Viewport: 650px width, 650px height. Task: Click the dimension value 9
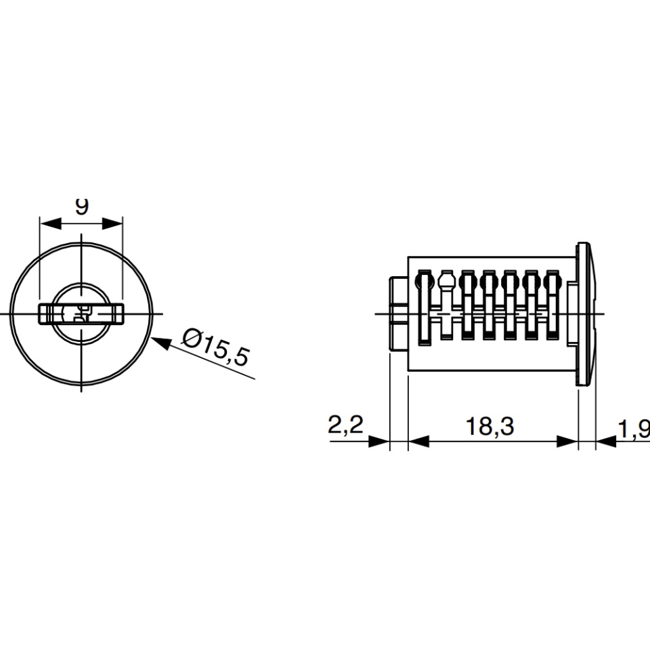click(x=82, y=206)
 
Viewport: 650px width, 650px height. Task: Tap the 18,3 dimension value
click(x=490, y=426)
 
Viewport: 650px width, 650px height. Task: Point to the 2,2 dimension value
click(x=345, y=425)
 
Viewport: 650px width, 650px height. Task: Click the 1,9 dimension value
click(x=634, y=429)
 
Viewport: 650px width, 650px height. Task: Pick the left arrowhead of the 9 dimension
click(x=50, y=223)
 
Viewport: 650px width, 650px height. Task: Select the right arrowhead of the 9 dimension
click(x=112, y=223)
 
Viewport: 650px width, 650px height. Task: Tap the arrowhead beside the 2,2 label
click(x=379, y=441)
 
